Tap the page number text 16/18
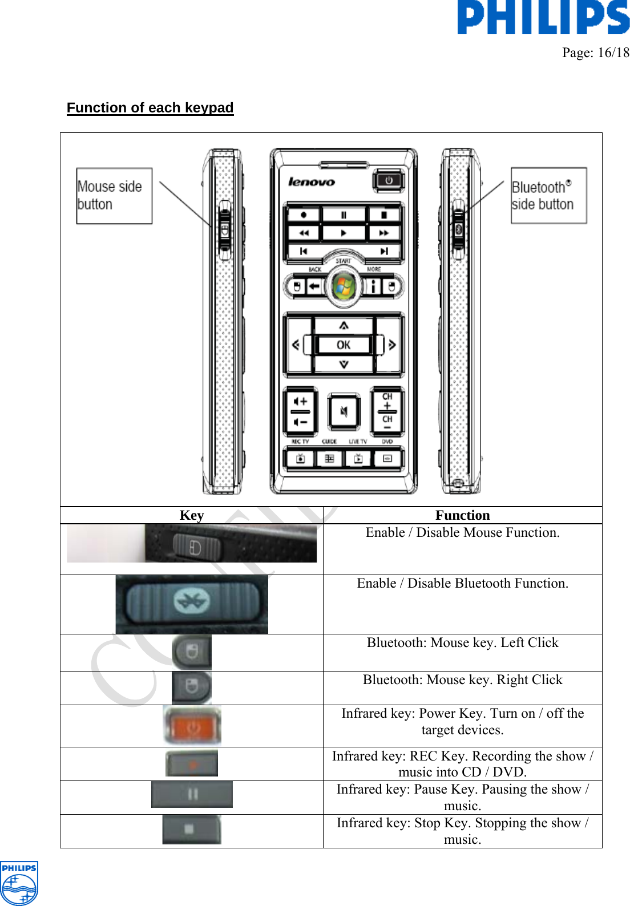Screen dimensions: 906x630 tap(596, 52)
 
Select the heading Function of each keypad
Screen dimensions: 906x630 tap(150, 108)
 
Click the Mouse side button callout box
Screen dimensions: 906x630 tap(114, 196)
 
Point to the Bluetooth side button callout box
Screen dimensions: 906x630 tap(548, 196)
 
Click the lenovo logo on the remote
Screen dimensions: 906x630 tap(312, 182)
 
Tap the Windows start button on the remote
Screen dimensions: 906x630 tap(343, 286)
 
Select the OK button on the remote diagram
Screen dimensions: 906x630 tap(344, 345)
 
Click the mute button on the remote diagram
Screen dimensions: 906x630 tap(344, 411)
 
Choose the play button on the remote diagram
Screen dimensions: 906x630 tap(344, 233)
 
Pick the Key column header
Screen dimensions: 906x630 tap(192, 515)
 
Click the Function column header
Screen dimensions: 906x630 tap(462, 515)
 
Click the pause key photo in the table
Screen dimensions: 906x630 tap(192, 794)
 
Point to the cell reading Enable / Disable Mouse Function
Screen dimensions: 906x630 tap(462, 533)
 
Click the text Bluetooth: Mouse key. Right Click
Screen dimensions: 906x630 tap(462, 680)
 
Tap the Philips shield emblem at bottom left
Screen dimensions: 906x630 tap(19, 883)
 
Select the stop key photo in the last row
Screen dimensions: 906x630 tap(192, 830)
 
